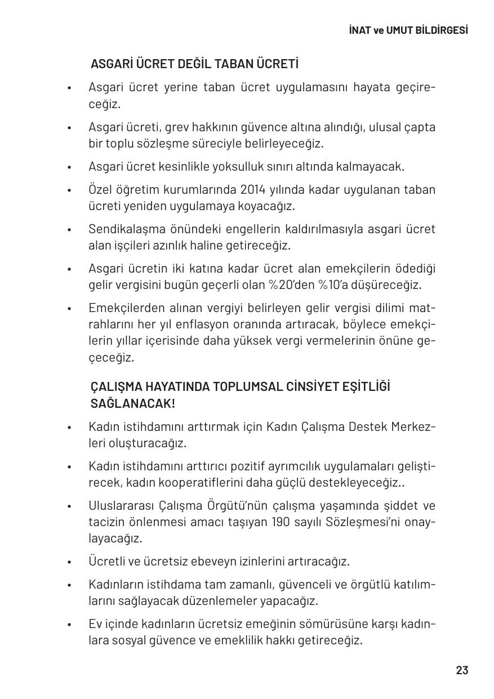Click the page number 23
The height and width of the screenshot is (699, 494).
(462, 670)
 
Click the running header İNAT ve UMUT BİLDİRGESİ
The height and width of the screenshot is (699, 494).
(408, 30)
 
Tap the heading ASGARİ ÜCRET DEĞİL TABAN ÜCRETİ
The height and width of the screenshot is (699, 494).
(194, 64)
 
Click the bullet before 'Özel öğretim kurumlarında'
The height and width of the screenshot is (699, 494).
(69, 190)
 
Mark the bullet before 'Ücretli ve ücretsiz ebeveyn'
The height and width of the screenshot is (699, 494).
(69, 562)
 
